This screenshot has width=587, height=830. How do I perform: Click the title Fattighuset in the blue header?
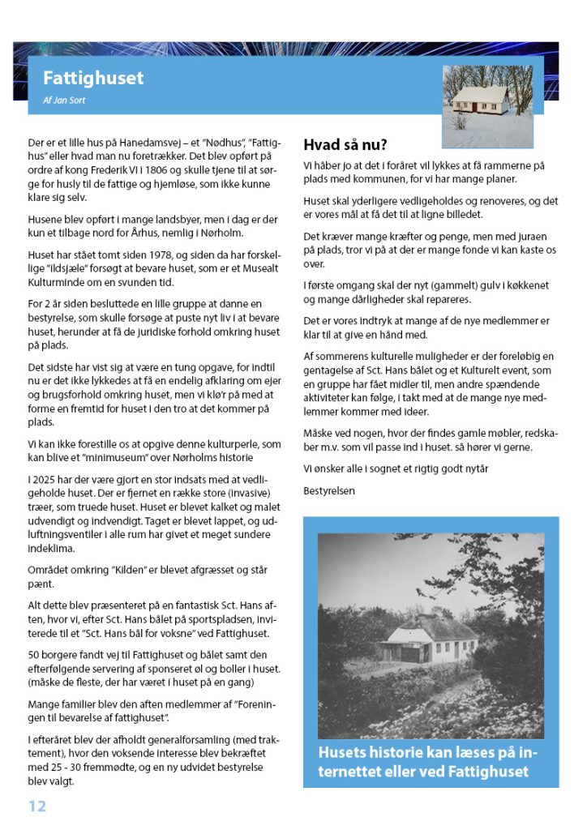93,78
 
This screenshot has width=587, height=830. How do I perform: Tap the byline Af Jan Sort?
64,101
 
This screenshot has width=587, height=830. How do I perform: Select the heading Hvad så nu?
345,146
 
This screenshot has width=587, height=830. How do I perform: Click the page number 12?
37,806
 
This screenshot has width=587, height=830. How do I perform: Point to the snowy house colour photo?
486,105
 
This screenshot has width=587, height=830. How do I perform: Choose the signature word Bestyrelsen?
328,490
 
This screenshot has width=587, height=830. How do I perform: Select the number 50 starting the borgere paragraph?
33,654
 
